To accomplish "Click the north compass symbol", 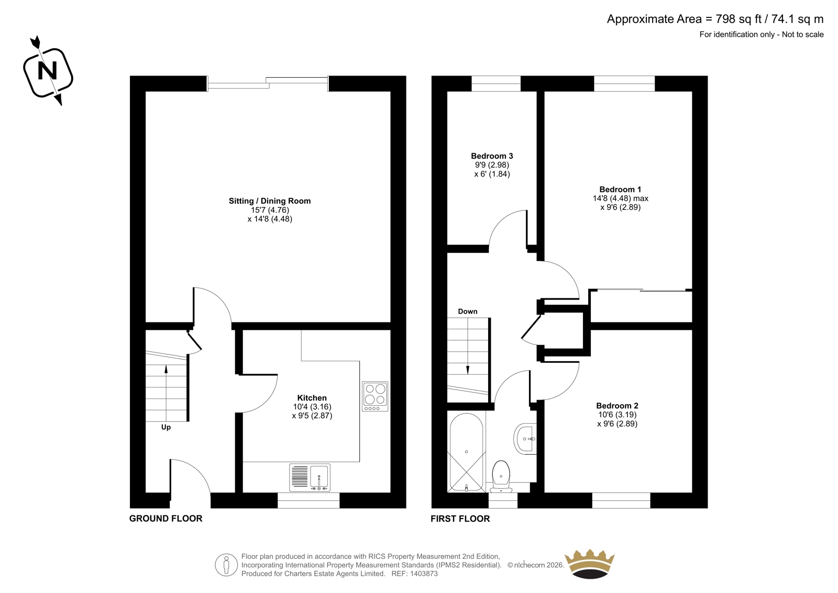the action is (48, 70).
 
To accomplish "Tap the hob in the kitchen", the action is (375, 396).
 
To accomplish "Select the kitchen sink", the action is (310, 478).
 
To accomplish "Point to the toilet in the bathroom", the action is (501, 477).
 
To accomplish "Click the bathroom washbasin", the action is (525, 439).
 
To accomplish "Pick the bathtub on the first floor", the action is (467, 452).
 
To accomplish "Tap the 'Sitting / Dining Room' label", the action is (270, 201).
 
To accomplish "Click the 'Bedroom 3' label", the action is (492, 156).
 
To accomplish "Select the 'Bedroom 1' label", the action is (620, 190).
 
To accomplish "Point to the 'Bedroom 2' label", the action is (617, 406).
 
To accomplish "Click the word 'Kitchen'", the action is (312, 398).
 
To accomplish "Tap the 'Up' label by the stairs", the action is (166, 427).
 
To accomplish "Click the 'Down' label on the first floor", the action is (468, 311).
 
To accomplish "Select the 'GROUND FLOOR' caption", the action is (166, 519).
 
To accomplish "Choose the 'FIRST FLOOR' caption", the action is (460, 519).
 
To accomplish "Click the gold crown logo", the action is (590, 564).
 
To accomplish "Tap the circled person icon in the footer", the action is (226, 565).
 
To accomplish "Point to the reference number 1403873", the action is (423, 574).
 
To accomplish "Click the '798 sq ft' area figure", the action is (738, 19).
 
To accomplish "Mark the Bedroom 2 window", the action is (621, 501).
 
